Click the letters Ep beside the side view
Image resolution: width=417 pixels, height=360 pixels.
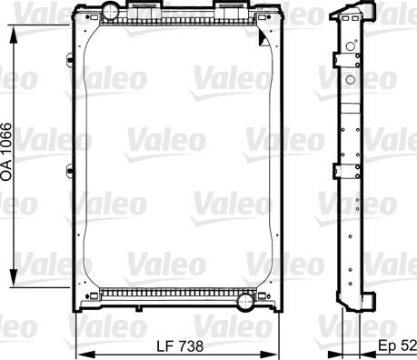(386, 346)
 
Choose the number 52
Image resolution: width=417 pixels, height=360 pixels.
(408, 346)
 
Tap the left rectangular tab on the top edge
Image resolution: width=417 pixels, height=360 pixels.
(144, 8)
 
